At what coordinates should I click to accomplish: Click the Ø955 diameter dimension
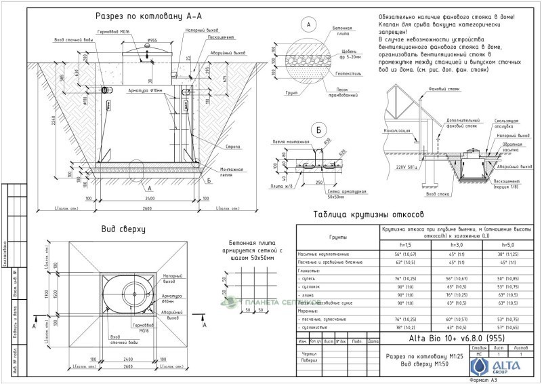click(x=152, y=41)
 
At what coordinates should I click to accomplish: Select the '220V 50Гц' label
click(x=407, y=166)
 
